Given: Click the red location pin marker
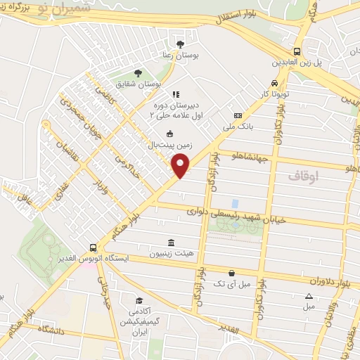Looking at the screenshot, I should point(181,166).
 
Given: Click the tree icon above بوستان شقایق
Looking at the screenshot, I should point(138,72).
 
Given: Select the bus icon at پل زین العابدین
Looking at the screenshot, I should point(298,51).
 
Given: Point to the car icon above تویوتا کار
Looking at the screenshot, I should point(274,82).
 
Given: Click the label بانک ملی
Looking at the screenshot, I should point(237,127).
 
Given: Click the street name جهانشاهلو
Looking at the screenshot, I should point(250,157).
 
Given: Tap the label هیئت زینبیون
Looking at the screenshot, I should point(171,253).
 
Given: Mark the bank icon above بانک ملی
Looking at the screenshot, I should point(237,115).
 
